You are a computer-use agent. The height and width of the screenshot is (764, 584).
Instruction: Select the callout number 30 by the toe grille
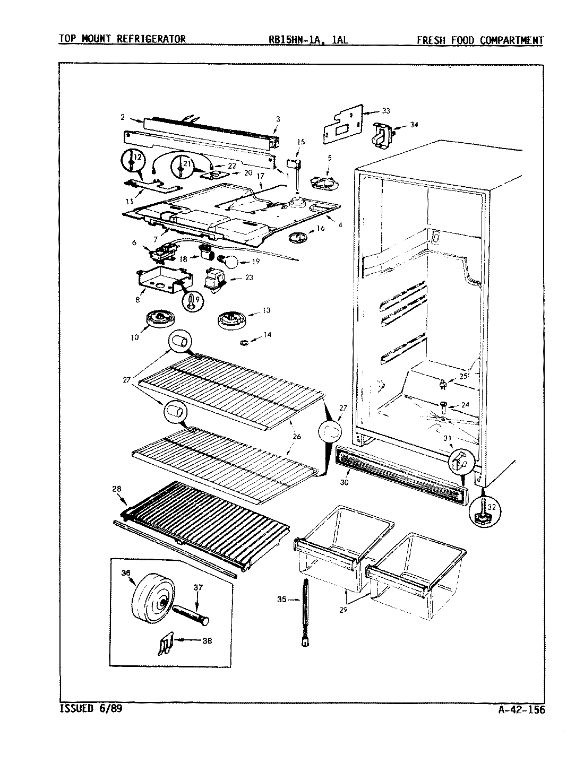coord(345,467)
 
